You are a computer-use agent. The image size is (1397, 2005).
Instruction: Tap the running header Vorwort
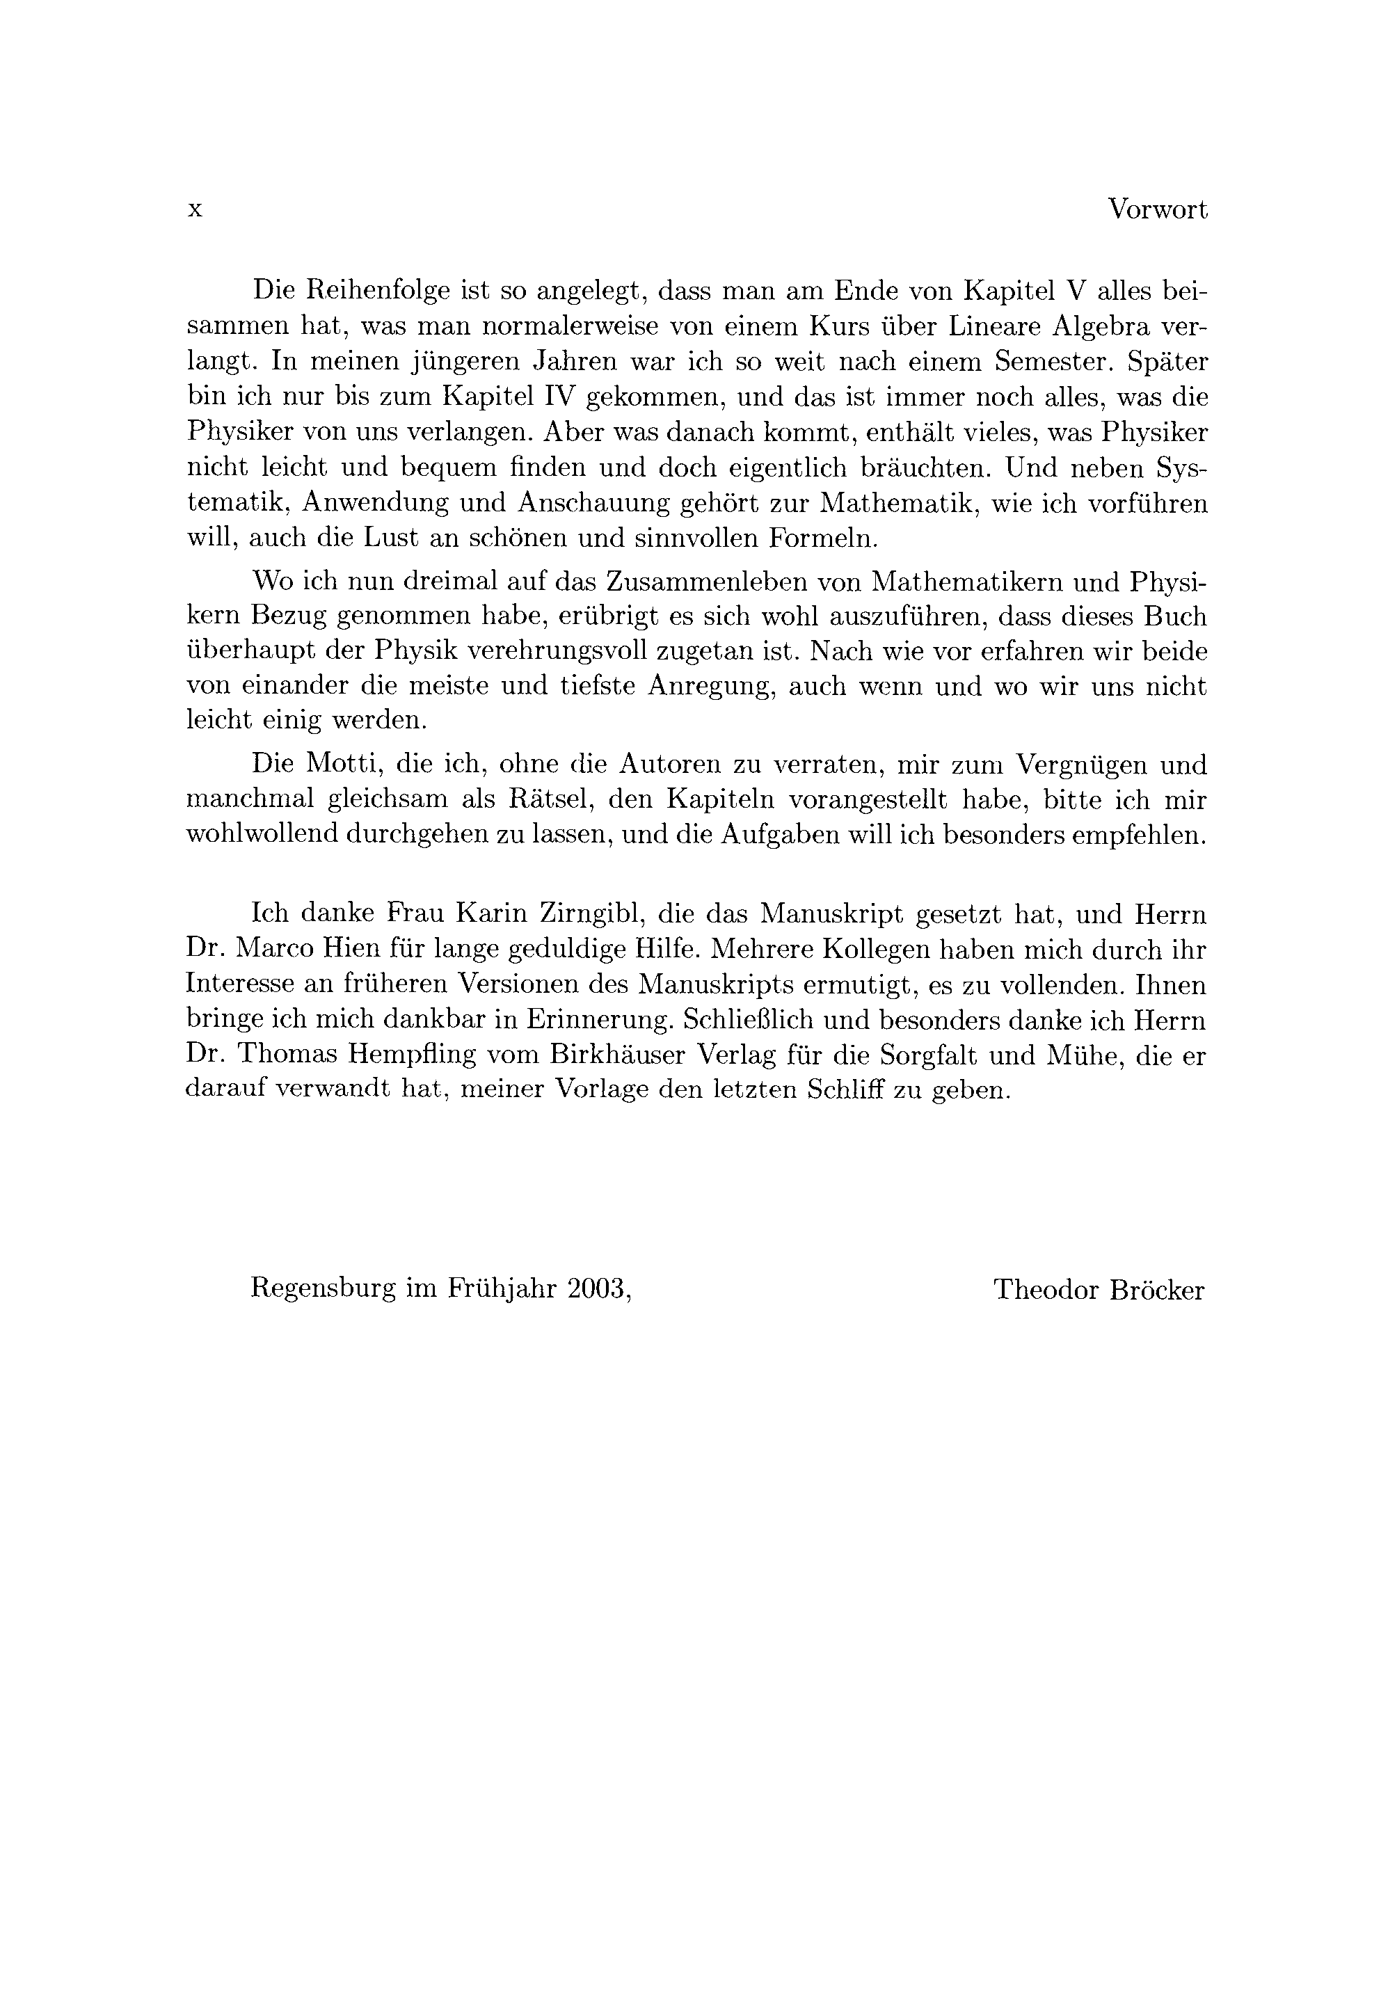click(x=1158, y=209)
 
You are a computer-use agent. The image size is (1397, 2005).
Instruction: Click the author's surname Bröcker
click(x=1157, y=1290)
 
